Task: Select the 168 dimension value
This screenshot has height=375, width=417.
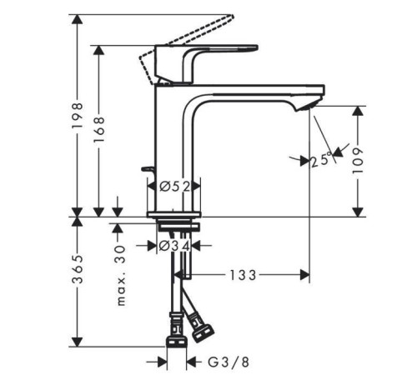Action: coord(99,129)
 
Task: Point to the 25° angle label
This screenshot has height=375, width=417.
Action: coord(321,161)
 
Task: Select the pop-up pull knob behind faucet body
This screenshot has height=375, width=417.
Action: coord(149,169)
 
